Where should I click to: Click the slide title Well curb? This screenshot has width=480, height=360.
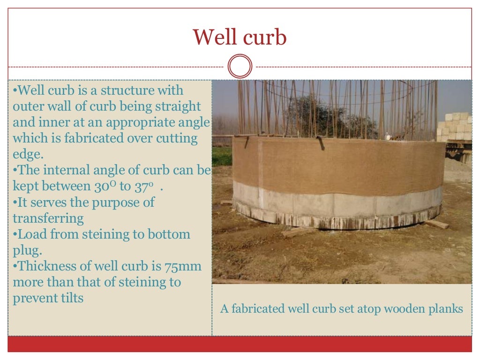click(x=240, y=37)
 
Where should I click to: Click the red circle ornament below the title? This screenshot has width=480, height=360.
click(x=240, y=66)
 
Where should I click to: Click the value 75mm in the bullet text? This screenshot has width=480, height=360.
click(x=183, y=266)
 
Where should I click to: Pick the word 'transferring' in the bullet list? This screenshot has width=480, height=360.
click(x=48, y=218)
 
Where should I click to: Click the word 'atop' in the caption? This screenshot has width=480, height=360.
click(x=360, y=309)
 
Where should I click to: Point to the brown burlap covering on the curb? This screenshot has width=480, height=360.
click(x=337, y=164)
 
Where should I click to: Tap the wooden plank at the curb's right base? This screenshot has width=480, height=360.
click(x=437, y=224)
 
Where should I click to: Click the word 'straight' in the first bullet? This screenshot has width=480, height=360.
click(x=174, y=106)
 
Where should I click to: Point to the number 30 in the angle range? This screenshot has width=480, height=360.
click(x=100, y=186)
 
